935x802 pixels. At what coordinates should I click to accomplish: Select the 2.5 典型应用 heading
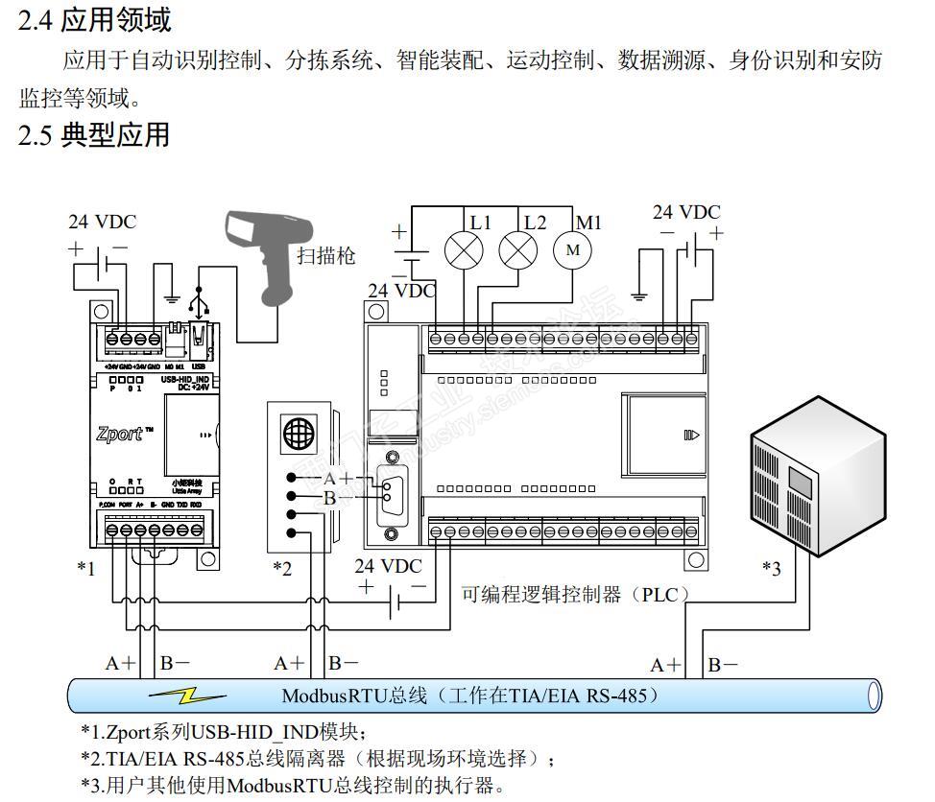point(94,135)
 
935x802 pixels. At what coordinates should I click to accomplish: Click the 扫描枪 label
point(325,255)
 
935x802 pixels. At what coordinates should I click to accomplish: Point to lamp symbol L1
point(463,250)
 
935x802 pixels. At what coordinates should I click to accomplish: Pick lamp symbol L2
point(518,250)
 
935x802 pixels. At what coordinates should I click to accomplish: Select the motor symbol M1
point(574,250)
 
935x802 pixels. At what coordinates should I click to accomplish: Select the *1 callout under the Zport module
point(86,569)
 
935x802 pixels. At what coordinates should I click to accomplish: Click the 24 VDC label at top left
point(102,222)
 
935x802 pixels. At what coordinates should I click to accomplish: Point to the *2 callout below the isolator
point(281,569)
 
